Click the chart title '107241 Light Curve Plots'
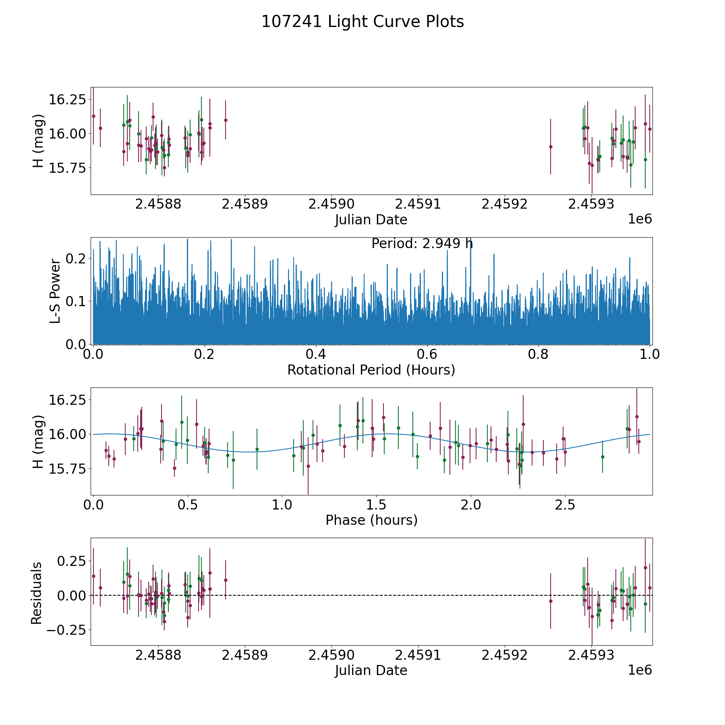(x=362, y=22)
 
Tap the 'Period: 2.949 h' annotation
(x=422, y=244)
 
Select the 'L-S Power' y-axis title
(x=55, y=291)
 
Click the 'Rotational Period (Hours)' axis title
(x=371, y=370)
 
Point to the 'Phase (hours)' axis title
(x=371, y=520)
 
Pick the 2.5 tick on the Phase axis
(x=565, y=505)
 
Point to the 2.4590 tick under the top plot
(x=331, y=204)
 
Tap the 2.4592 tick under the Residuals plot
(x=505, y=655)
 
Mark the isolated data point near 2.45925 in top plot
(x=551, y=147)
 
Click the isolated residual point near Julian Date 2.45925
(x=551, y=601)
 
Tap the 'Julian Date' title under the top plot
(x=371, y=220)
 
